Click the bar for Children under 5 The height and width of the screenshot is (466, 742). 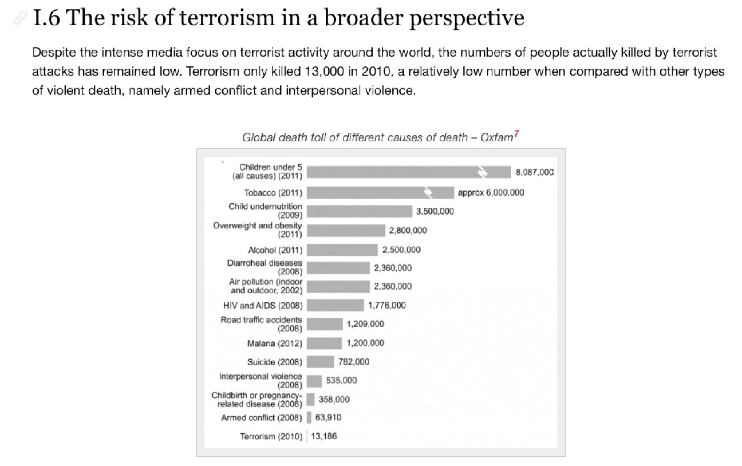click(x=408, y=172)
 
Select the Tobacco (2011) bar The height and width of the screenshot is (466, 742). click(x=380, y=192)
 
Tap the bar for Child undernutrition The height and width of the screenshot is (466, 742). click(x=359, y=211)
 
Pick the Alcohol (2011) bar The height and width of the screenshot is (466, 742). click(x=342, y=250)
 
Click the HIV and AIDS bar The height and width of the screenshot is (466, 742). click(x=335, y=305)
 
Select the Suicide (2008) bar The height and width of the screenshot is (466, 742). click(x=320, y=362)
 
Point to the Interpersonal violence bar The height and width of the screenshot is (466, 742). click(x=314, y=381)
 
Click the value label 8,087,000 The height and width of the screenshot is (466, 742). click(x=534, y=172)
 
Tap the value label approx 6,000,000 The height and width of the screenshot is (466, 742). click(x=490, y=192)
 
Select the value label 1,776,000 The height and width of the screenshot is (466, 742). click(x=387, y=305)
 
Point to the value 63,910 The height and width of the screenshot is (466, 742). click(x=328, y=418)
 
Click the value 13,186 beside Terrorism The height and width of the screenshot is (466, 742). click(x=323, y=436)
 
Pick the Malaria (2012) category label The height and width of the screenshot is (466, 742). click(x=275, y=343)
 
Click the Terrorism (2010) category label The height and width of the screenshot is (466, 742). click(x=271, y=436)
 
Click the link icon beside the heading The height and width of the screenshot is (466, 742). click(x=20, y=18)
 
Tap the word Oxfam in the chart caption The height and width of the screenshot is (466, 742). click(x=496, y=137)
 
